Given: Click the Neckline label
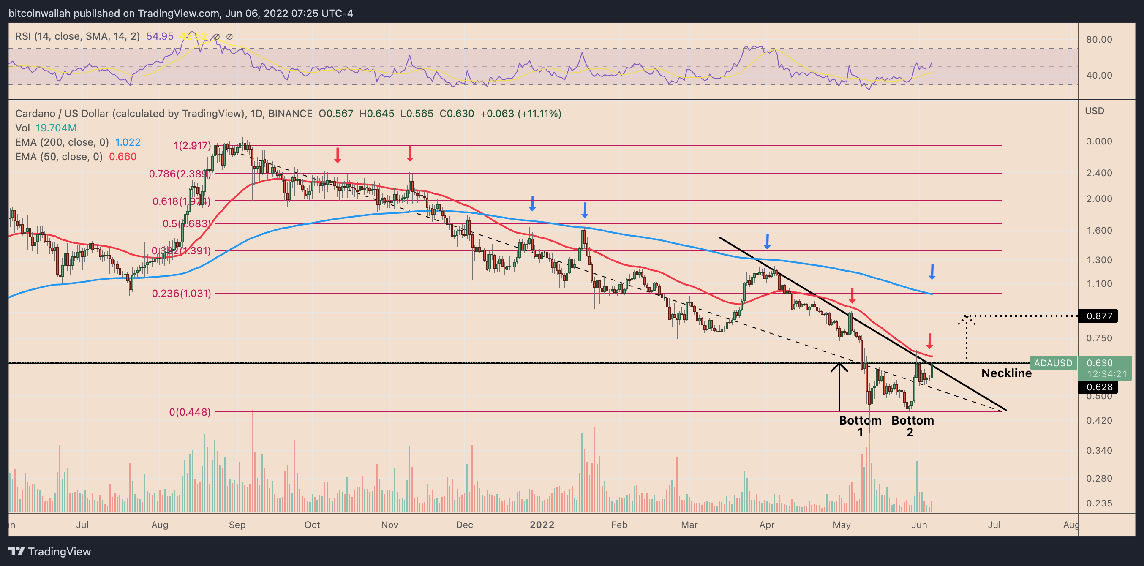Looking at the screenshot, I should pos(1006,373).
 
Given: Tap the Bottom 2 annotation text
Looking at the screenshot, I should pos(912,426).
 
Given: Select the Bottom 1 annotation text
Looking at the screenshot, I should pos(860,426).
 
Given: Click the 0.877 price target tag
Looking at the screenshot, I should pos(1099,316).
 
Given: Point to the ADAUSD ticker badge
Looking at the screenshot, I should pos(1052,363).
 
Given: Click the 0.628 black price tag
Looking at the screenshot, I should pos(1099,387).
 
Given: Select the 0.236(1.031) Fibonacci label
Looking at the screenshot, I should pos(181,294).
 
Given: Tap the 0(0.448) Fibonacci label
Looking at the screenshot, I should pos(190,412).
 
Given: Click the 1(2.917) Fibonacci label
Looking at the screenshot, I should pos(192,146).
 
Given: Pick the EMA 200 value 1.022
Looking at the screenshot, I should pos(128,142).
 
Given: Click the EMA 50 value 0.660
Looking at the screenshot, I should pos(123,157).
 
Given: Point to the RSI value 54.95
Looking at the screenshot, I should pos(159,36).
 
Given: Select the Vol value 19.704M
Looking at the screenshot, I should pos(56,128).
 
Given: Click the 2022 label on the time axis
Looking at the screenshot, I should pos(542,525).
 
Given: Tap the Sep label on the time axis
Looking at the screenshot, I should pos(237,525).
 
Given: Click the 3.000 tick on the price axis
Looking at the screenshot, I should pos(1099,141).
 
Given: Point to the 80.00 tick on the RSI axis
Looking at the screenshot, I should pos(1099,40).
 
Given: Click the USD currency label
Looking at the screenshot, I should pos(1094,111).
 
